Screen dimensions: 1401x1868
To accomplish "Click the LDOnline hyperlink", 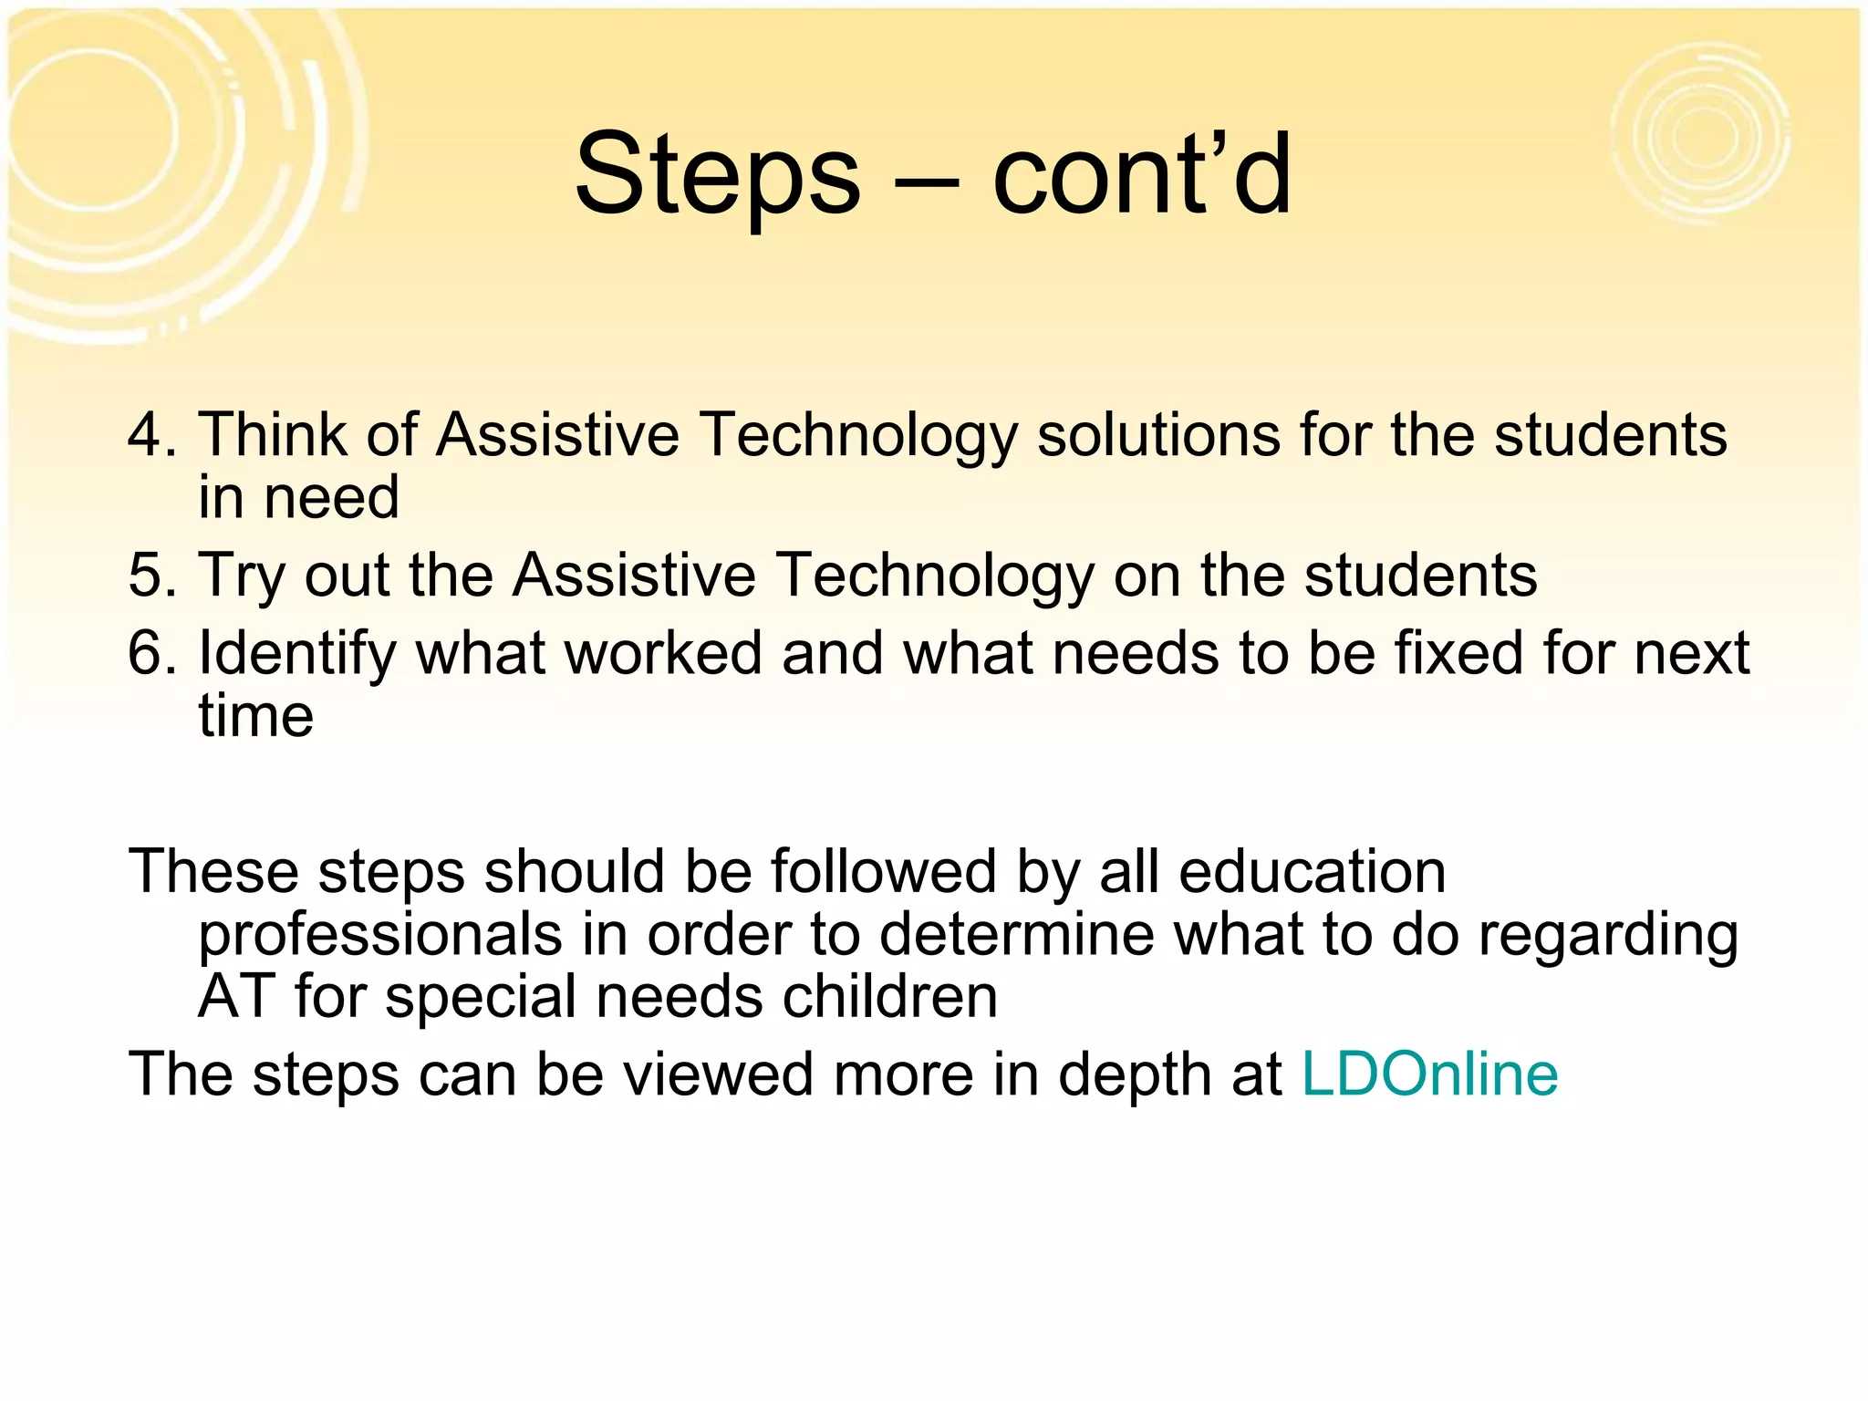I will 1429,1074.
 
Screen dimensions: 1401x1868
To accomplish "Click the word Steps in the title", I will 717,175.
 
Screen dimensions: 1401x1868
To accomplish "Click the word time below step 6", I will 256,715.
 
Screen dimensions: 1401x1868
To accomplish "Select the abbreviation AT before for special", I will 235,996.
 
